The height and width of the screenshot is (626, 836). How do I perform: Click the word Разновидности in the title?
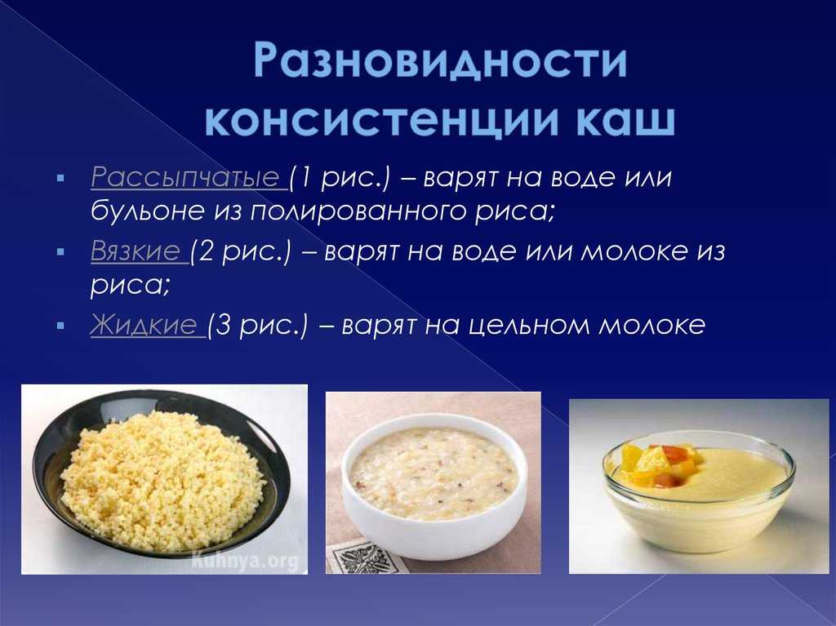(440, 62)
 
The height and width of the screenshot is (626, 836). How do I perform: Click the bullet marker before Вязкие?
(60, 251)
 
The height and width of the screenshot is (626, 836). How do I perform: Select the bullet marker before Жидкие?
(60, 325)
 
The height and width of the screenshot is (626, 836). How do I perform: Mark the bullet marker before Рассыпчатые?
(60, 178)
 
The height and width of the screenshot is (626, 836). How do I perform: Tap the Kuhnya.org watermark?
(245, 561)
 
